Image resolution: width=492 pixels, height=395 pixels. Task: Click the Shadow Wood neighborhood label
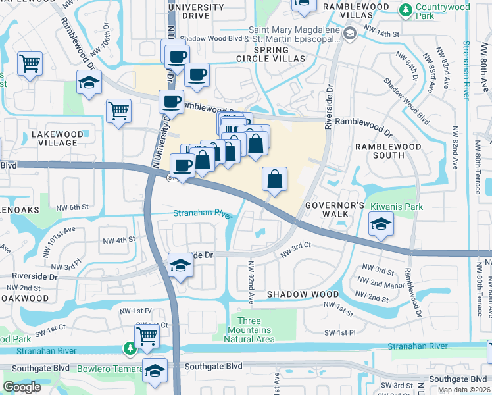pos(303,294)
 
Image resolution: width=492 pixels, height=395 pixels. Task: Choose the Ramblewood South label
pos(380,151)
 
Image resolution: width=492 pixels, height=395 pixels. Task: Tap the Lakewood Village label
pos(58,139)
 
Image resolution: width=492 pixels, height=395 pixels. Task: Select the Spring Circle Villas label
pos(280,54)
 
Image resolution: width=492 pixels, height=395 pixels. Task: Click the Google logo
pos(22,387)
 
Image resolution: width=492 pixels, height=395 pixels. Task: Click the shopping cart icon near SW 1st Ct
pos(147,334)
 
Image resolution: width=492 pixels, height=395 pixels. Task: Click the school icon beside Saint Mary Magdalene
pos(350,34)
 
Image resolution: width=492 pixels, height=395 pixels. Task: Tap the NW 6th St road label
pos(72,207)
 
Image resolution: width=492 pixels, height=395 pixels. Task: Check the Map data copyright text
pos(464,390)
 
